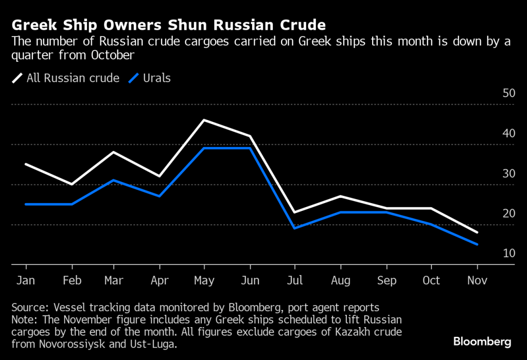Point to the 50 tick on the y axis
(508, 93)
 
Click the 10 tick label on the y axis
(508, 254)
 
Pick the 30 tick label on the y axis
(508, 173)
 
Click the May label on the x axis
(204, 281)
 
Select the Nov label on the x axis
(477, 281)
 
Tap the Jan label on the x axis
(26, 281)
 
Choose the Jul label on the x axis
(294, 281)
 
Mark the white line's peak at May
(205, 120)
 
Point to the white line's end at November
(477, 232)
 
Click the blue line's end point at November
(477, 244)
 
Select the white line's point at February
(72, 184)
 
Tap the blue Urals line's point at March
(114, 180)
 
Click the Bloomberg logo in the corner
(482, 341)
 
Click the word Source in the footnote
(28, 308)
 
